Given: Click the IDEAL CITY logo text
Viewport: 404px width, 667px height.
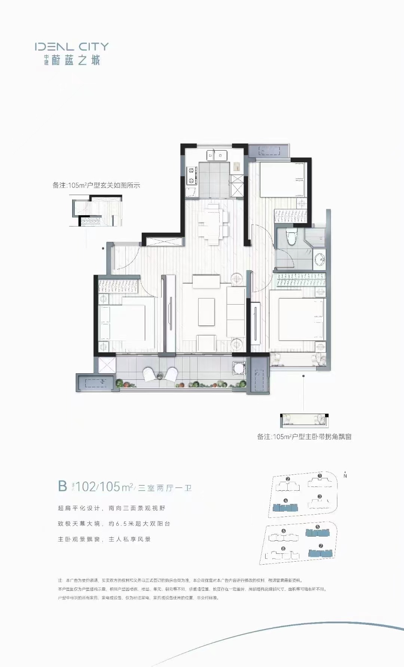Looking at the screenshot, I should [71, 47].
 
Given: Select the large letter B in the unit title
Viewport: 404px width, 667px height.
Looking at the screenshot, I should [62, 486].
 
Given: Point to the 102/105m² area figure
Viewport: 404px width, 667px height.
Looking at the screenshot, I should [104, 487].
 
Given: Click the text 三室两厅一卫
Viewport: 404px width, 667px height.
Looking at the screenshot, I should [165, 488].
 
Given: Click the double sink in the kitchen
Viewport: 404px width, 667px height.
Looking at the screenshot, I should [217, 155].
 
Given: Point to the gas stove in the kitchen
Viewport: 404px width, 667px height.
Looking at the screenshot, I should [192, 176].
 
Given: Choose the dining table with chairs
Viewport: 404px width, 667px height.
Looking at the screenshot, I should [213, 223].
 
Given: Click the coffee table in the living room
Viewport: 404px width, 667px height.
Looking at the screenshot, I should [206, 312].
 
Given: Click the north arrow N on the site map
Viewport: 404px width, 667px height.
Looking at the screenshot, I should [345, 475].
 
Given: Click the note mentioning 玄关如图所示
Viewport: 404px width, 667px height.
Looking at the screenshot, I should [96, 185].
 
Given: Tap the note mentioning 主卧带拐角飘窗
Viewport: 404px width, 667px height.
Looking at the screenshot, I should [304, 436].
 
